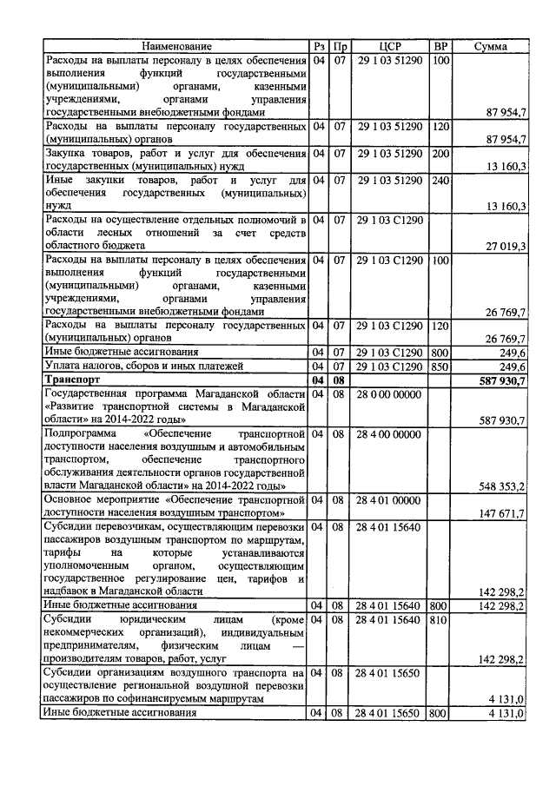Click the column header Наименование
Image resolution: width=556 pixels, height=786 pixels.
pyautogui.click(x=177, y=46)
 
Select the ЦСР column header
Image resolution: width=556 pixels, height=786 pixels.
pyautogui.click(x=390, y=46)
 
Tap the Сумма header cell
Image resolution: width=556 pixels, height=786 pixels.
pyautogui.click(x=491, y=46)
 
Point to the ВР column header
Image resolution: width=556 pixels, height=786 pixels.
pyautogui.click(x=440, y=46)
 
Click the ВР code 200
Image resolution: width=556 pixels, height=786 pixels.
pyautogui.click(x=440, y=153)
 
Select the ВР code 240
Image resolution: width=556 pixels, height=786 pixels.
pyautogui.click(x=440, y=180)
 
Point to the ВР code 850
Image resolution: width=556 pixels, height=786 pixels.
pyautogui.click(x=440, y=367)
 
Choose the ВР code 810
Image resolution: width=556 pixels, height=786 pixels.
pyautogui.click(x=440, y=621)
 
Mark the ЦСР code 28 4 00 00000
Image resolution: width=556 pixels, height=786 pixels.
pyautogui.click(x=390, y=433)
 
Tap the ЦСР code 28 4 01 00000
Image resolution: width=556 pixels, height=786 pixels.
pyautogui.click(x=390, y=500)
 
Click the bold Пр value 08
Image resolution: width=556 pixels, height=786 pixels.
pyautogui.click(x=341, y=380)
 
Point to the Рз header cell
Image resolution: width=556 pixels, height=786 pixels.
pyautogui.click(x=319, y=46)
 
